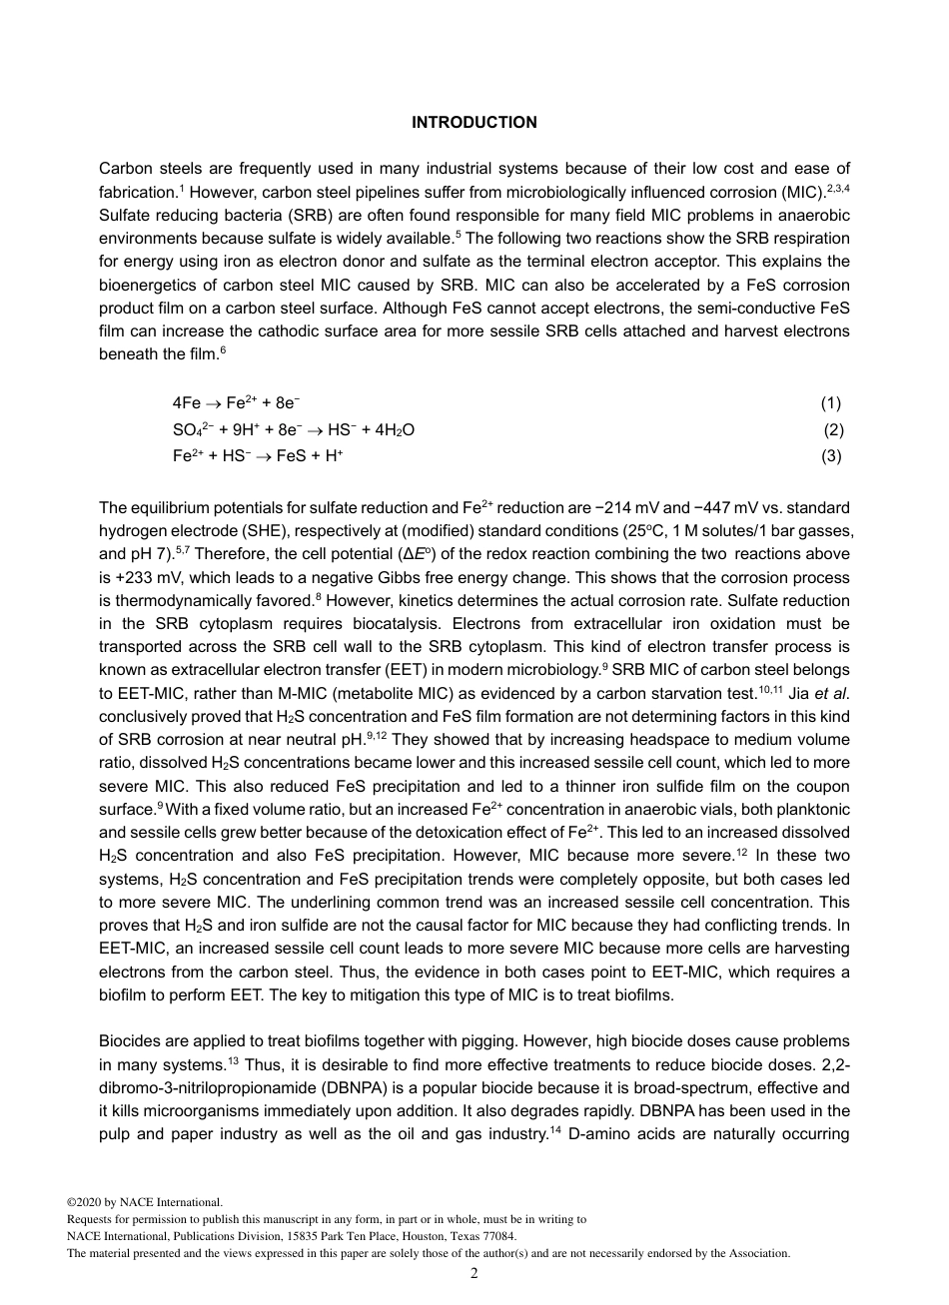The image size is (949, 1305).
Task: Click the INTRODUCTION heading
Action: pyautogui.click(x=474, y=123)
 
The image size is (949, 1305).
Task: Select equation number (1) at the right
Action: pyautogui.click(x=831, y=403)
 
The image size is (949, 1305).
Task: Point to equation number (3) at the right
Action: pyautogui.click(x=831, y=456)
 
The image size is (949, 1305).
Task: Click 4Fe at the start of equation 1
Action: pyautogui.click(x=187, y=403)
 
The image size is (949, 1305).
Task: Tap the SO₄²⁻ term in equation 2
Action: pyautogui.click(x=187, y=430)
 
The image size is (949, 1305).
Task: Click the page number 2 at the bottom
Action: pyautogui.click(x=474, y=1273)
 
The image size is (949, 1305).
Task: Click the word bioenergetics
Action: pyautogui.click(x=145, y=285)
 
